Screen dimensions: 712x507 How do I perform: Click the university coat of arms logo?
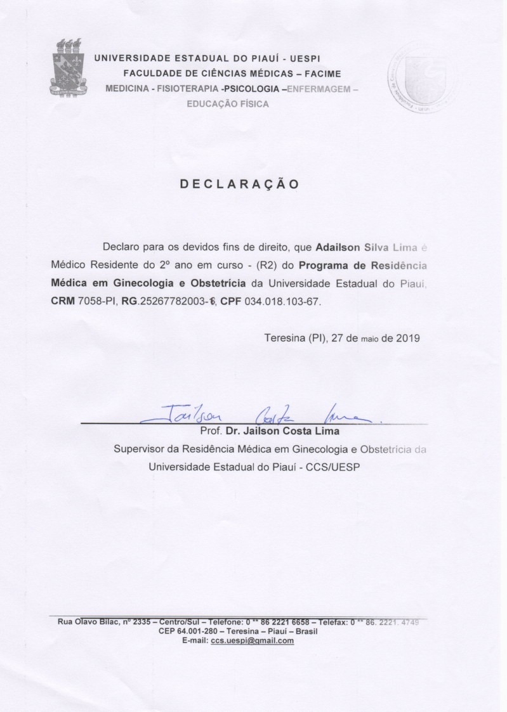point(68,68)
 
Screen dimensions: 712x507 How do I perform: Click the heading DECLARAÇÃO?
point(239,184)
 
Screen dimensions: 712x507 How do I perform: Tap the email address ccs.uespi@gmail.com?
point(252,640)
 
